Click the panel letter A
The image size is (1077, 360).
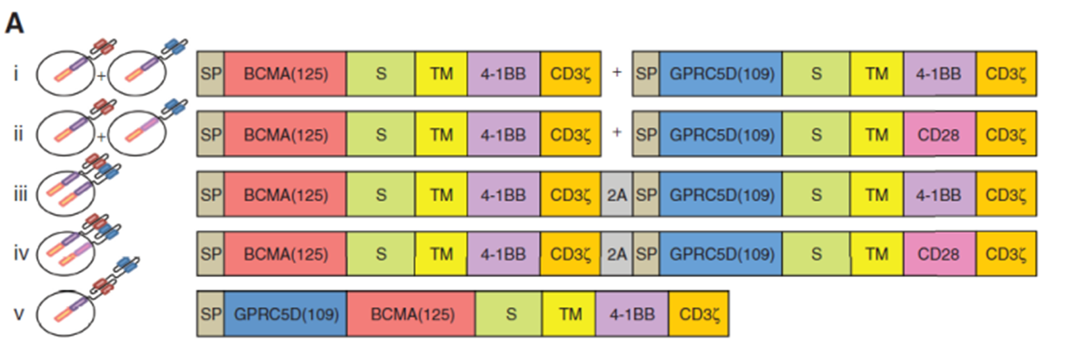[14, 23]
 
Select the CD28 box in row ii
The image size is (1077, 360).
[939, 134]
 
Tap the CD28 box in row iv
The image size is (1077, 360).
[939, 254]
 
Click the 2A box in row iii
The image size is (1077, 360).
[617, 194]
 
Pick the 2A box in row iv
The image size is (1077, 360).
[617, 254]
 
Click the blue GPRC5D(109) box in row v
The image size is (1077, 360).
[286, 314]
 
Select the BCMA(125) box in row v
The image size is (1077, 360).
[411, 314]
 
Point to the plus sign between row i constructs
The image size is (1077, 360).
[617, 72]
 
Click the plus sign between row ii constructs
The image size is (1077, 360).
[617, 132]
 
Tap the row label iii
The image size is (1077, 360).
[20, 194]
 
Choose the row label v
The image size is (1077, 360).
[19, 315]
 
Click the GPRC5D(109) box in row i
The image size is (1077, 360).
[721, 74]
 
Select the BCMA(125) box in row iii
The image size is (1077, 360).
[286, 194]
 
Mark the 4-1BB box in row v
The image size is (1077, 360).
[632, 314]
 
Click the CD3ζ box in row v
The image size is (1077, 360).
[699, 314]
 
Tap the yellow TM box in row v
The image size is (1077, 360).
[570, 314]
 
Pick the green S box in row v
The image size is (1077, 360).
[509, 314]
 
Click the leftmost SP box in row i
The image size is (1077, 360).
[211, 74]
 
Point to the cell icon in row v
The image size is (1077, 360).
[66, 313]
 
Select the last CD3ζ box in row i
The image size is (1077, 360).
[1006, 74]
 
